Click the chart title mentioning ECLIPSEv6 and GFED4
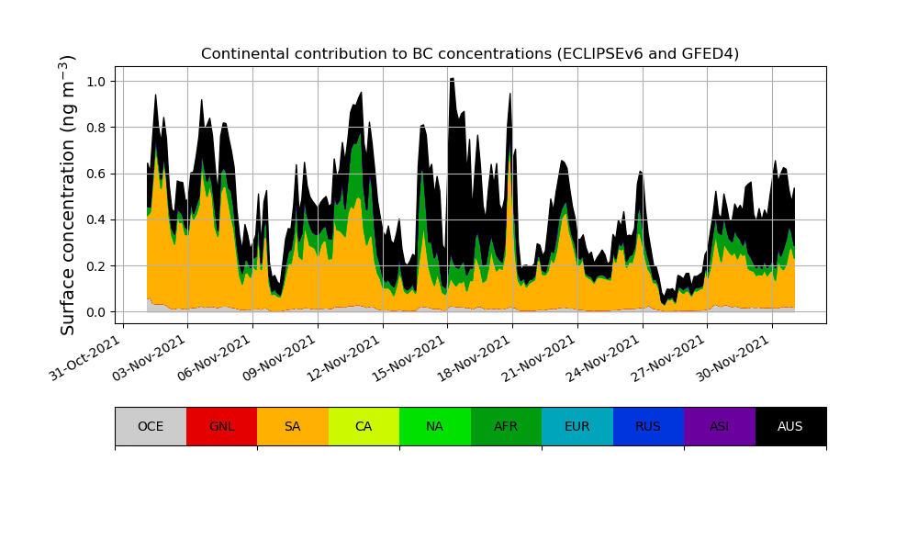coord(470,53)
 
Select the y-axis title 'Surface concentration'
coord(68,195)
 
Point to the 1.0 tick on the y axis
coord(95,82)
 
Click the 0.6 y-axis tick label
coord(95,174)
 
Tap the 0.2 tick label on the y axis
coord(95,266)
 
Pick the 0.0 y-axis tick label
coord(95,312)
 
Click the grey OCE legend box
coord(151,426)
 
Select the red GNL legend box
coord(221,426)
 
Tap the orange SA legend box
coord(293,426)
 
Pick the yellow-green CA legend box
coord(364,426)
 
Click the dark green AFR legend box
coord(506,426)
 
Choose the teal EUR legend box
coord(577,426)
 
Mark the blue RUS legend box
coord(648,426)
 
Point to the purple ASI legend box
coord(720,426)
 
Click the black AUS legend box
coord(790,426)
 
